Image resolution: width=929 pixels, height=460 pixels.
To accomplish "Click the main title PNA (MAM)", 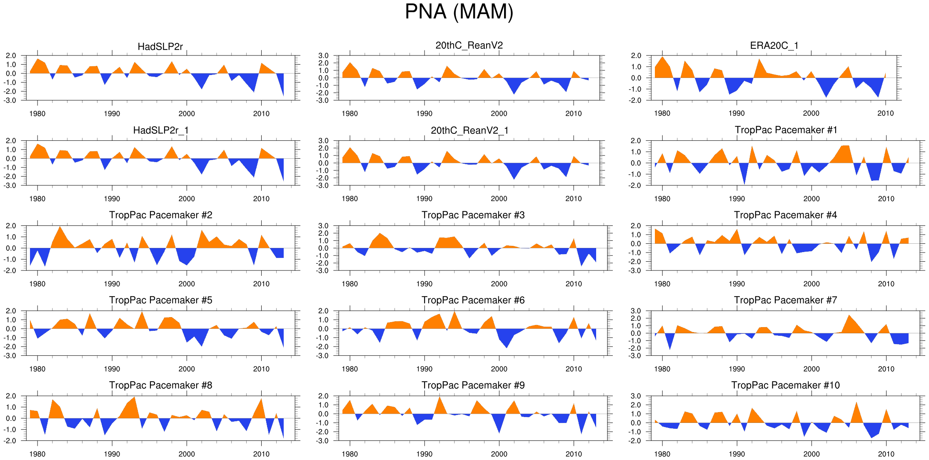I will (459, 12).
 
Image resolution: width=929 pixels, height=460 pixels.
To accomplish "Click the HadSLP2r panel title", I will (160, 47).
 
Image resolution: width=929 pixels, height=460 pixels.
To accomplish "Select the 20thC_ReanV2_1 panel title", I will (469, 130).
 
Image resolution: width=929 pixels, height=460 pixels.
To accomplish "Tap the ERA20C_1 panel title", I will (774, 45).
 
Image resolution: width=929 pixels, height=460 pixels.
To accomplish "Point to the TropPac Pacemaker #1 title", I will (786, 130).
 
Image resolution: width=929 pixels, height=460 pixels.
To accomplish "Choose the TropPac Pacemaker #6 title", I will (473, 300).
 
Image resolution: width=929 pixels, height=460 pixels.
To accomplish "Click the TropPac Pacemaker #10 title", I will (785, 385).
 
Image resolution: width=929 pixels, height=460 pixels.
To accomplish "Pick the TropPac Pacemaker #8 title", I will (160, 385).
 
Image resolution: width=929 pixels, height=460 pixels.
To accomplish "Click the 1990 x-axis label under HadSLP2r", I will (112, 114).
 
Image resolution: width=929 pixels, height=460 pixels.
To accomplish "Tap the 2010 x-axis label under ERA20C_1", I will (886, 113).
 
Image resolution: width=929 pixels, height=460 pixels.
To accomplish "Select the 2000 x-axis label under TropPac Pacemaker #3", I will (499, 284).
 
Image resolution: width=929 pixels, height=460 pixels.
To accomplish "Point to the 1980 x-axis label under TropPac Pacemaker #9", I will (350, 454).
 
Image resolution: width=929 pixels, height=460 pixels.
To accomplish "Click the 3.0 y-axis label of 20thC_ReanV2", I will (323, 55).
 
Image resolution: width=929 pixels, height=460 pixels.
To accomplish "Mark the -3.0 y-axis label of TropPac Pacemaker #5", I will (11, 356).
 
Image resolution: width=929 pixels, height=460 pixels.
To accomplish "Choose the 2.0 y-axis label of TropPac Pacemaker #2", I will (11, 226).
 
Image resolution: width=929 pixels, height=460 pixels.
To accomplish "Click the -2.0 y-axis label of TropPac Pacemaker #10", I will (636, 441).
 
